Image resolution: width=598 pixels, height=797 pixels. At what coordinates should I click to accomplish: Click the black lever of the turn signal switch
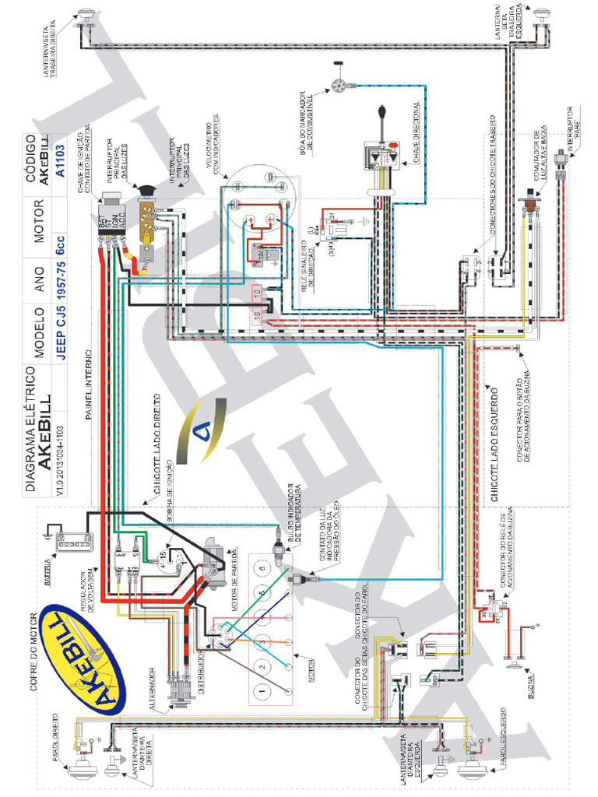[383, 121]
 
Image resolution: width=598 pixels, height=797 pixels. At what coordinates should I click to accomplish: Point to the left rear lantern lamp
[541, 14]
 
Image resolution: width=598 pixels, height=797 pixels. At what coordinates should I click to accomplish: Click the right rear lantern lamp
[86, 14]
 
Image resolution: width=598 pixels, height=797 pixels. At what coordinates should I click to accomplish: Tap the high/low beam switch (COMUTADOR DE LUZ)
[531, 204]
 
